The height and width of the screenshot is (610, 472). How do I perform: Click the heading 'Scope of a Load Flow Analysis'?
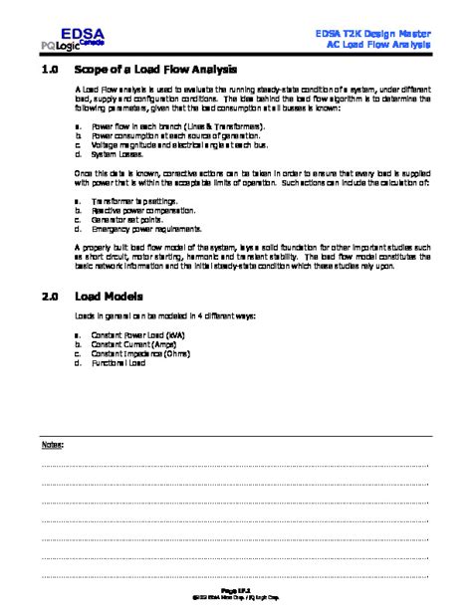tap(157, 71)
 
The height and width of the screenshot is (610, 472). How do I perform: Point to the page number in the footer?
tap(235, 590)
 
